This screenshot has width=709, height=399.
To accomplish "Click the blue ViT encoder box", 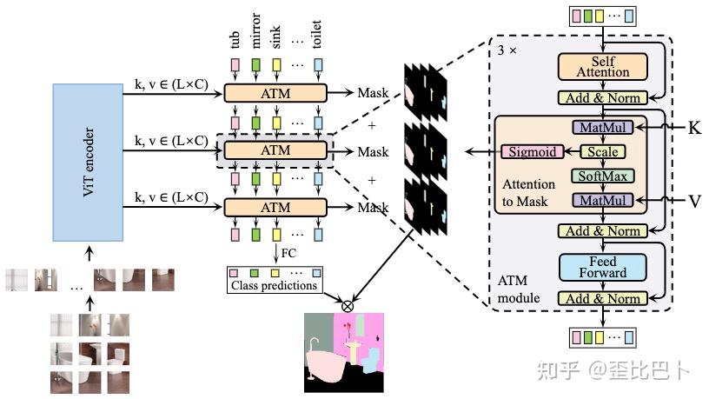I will click(90, 162).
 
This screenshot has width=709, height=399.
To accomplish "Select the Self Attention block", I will click(602, 67).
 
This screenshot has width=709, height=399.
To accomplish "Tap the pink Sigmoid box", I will click(526, 152).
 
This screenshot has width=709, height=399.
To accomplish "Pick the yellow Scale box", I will click(602, 152).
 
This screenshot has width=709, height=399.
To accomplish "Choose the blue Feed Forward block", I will click(602, 267).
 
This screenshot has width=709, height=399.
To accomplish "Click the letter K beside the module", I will click(694, 129).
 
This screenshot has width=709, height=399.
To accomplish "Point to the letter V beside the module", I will click(694, 201).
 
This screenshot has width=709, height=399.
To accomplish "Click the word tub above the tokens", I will click(235, 39).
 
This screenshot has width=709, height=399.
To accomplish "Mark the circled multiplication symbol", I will click(348, 305).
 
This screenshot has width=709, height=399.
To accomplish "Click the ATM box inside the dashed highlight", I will click(275, 150).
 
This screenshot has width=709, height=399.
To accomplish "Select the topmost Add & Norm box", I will click(602, 99).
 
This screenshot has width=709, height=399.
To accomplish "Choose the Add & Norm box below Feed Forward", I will click(602, 298).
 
